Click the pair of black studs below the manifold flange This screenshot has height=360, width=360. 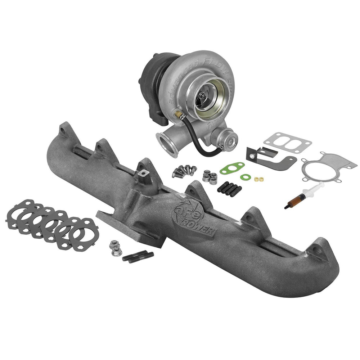tap(138, 256)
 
